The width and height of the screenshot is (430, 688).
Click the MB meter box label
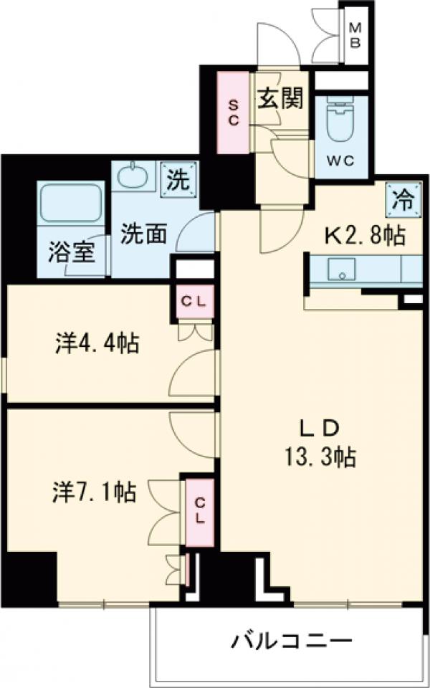[x=355, y=34]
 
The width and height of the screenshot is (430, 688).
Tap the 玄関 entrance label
[x=279, y=99]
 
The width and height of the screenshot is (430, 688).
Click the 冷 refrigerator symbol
[x=402, y=200]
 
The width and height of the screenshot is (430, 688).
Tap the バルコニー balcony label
[x=291, y=640]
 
